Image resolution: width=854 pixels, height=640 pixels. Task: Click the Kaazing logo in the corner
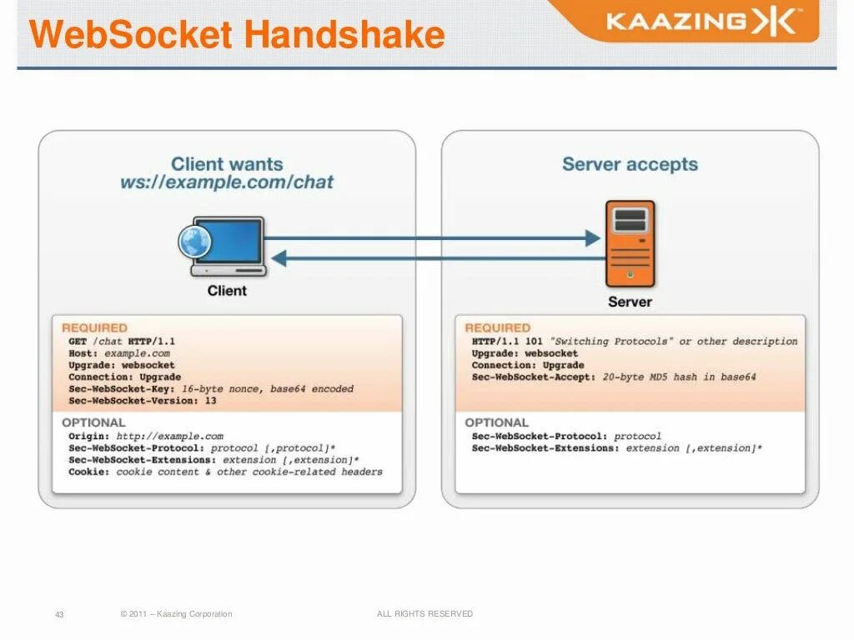[701, 22]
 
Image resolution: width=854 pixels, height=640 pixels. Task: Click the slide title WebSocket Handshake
[237, 36]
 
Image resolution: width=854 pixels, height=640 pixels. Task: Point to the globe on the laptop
[195, 242]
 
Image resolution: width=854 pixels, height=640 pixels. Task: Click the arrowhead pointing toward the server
[593, 238]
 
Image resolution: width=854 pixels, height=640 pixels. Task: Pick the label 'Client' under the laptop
[227, 291]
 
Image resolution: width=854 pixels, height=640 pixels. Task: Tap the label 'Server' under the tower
[630, 302]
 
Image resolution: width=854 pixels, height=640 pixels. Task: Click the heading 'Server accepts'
[630, 164]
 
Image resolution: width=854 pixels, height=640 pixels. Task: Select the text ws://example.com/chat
[227, 182]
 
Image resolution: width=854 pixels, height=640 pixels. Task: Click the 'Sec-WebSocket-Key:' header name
[122, 389]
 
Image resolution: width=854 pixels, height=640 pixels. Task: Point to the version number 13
[210, 401]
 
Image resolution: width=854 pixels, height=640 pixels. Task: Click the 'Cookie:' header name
[89, 472]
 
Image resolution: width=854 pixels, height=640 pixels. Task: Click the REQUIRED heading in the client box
[94, 328]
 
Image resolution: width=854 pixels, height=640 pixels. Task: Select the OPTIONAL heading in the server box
[497, 422]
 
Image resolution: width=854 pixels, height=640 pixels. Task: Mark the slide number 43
[59, 615]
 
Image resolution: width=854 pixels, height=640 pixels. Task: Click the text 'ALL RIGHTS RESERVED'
[424, 614]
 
